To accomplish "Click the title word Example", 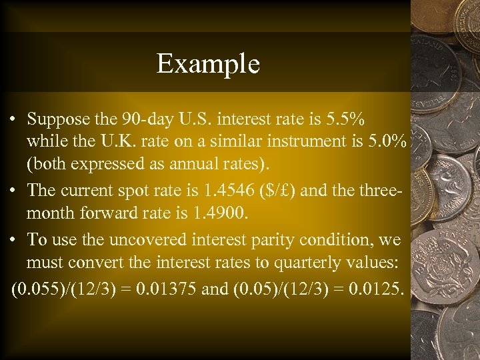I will point(208,64).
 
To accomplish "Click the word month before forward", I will point(49,213).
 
